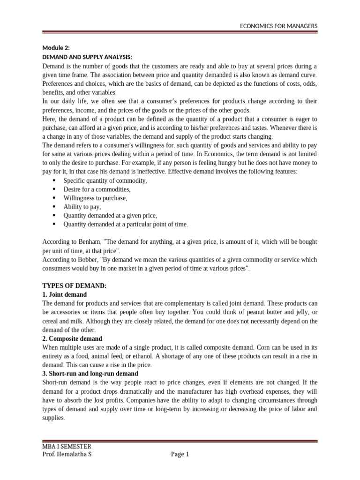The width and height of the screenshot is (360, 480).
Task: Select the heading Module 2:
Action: point(56,48)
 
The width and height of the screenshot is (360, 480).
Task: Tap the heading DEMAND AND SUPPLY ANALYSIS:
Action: point(81,57)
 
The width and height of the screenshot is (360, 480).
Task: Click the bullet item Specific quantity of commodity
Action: point(105,181)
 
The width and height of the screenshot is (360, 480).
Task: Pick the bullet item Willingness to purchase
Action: point(95,198)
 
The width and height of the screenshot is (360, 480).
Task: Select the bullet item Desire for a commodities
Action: point(97,189)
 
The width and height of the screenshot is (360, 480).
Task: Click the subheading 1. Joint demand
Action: point(65,294)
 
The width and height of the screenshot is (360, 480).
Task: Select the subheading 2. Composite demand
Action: point(72,338)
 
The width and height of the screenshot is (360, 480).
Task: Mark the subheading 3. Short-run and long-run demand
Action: point(90,374)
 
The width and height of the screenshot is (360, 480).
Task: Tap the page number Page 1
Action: point(180,454)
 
